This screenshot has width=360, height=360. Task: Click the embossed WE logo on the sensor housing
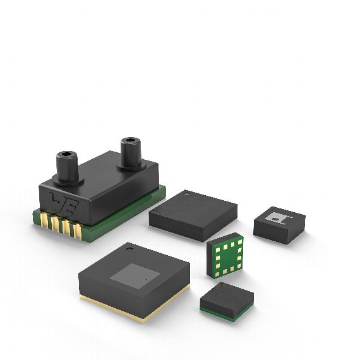[x=64, y=202]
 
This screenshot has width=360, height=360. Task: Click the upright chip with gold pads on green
[x=225, y=257]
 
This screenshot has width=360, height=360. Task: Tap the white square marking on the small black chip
[x=278, y=217]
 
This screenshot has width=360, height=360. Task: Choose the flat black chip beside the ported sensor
[x=193, y=213]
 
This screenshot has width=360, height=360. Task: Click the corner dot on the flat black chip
[x=188, y=196]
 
